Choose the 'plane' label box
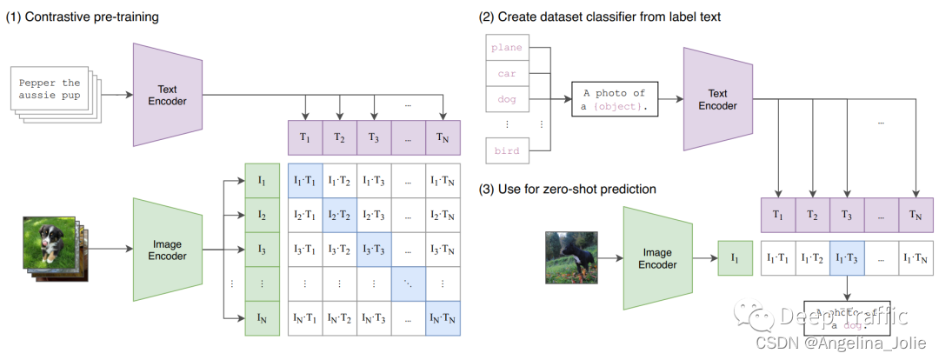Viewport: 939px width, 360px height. [x=507, y=47]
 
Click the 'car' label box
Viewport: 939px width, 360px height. [x=507, y=74]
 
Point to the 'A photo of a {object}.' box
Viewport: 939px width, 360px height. [x=615, y=99]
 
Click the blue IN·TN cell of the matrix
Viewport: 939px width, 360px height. [x=443, y=317]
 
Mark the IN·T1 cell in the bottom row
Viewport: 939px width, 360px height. [x=304, y=317]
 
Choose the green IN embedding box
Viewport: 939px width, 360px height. [x=262, y=317]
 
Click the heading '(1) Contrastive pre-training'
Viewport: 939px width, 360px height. [x=83, y=17]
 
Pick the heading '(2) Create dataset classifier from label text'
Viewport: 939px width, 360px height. [x=599, y=17]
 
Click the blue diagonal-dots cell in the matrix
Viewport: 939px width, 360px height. [x=409, y=283]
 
